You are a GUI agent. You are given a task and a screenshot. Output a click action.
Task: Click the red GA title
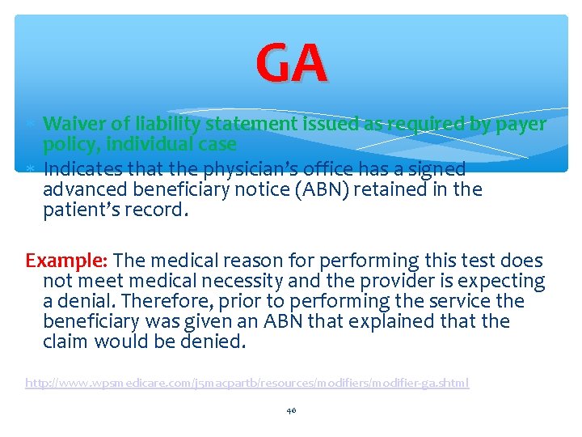(292, 64)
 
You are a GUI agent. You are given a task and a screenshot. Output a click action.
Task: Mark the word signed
(436, 169)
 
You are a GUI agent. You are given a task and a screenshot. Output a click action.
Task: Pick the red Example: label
(68, 261)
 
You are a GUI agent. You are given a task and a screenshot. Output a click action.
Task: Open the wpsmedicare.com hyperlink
(247, 382)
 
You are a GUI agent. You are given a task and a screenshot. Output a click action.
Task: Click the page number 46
(291, 411)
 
